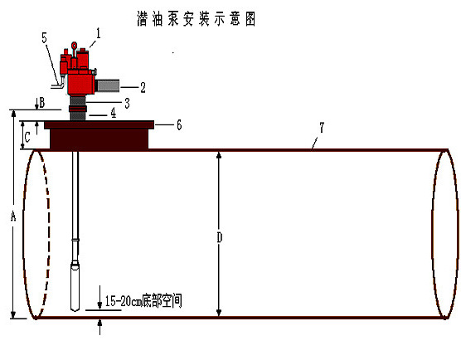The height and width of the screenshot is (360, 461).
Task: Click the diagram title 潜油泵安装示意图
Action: pyautogui.click(x=197, y=19)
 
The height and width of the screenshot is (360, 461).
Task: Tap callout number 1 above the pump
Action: pyautogui.click(x=99, y=33)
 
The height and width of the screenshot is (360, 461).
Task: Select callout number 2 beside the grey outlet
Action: pyautogui.click(x=143, y=87)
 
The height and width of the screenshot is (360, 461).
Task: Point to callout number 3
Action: pyautogui.click(x=127, y=103)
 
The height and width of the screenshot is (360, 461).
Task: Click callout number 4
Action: pyautogui.click(x=114, y=113)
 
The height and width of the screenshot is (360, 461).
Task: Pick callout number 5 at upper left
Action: pyautogui.click(x=45, y=37)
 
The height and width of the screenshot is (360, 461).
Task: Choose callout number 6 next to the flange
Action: pyautogui.click(x=179, y=125)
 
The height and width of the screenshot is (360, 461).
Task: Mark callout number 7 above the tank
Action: pyautogui.click(x=322, y=128)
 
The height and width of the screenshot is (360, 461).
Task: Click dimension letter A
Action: pyautogui.click(x=13, y=216)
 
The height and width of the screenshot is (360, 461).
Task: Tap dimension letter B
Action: pyautogui.click(x=42, y=103)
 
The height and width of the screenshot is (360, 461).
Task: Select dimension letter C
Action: pyautogui.click(x=27, y=137)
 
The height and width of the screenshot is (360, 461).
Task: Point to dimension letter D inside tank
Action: pyautogui.click(x=220, y=237)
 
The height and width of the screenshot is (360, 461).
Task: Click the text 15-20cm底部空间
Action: pyautogui.click(x=143, y=301)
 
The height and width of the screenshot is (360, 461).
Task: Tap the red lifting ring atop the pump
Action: pyautogui.click(x=75, y=46)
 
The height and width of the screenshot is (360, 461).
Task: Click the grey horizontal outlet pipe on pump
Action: pyautogui.click(x=108, y=85)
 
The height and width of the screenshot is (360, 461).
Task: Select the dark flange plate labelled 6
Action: pyautogui.click(x=99, y=124)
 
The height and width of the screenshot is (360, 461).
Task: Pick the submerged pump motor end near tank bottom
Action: pyautogui.click(x=75, y=287)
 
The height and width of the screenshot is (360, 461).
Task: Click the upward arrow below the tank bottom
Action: pyautogui.click(x=100, y=327)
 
